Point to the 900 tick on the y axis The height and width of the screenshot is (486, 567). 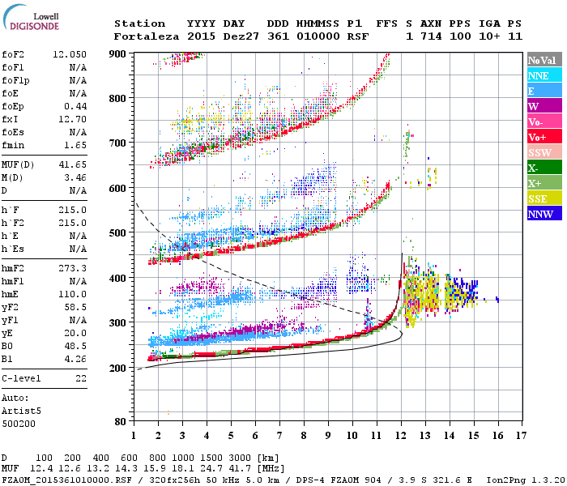click(119, 53)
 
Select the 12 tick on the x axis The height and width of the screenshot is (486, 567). click(401, 436)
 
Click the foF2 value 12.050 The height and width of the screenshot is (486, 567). click(70, 53)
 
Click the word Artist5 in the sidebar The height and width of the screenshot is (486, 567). click(19, 411)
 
